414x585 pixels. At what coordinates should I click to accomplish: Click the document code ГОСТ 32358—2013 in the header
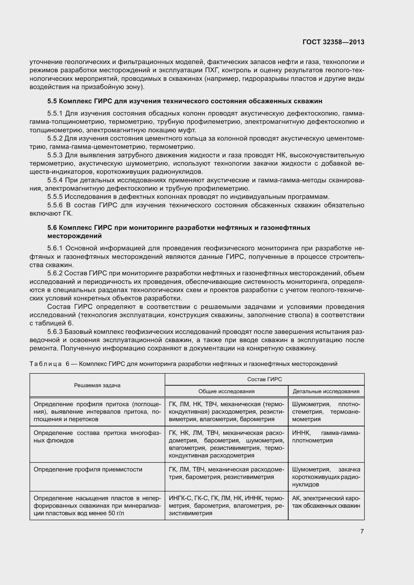333,42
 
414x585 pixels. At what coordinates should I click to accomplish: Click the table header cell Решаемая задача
97,385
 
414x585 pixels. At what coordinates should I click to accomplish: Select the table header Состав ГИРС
264,379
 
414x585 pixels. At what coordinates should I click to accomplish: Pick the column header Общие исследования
226,391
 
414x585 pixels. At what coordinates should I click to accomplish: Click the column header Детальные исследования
326,391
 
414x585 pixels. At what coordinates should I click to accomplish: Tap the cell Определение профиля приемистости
88,470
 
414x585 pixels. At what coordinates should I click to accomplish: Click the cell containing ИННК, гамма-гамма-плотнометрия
326,437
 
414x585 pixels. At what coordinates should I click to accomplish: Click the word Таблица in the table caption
46,364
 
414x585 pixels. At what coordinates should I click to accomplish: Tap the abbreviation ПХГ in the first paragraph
210,70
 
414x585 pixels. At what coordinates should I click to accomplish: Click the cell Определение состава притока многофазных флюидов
97,437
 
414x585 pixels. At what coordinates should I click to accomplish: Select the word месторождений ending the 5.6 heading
74,236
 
